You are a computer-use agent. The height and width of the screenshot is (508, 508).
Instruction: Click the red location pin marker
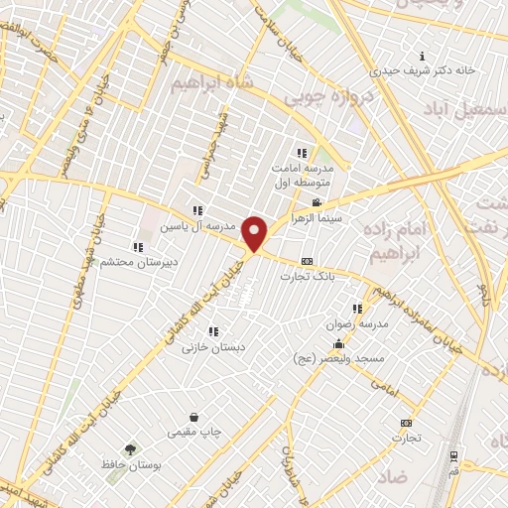(x=256, y=233)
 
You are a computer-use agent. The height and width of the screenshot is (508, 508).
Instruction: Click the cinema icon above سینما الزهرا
(x=317, y=202)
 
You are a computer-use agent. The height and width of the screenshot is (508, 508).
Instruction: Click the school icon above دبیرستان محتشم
(x=138, y=247)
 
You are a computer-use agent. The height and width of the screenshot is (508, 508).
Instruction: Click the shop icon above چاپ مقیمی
(x=194, y=417)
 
